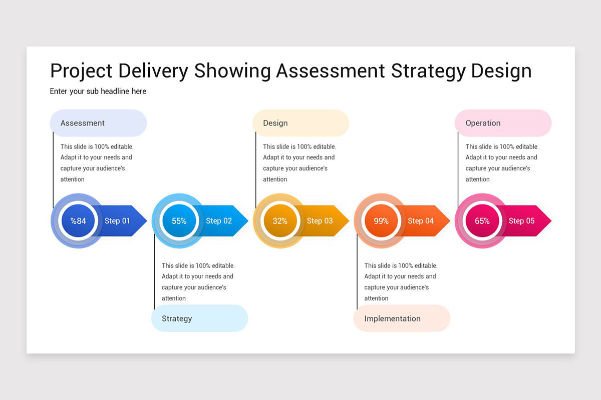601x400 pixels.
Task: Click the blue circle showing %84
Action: click(78, 221)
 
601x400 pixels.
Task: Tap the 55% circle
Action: click(179, 221)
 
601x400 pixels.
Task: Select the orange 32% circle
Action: click(280, 221)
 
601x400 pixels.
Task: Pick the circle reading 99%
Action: click(381, 221)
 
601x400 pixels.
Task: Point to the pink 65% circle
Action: click(482, 221)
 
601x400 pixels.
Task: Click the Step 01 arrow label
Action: click(117, 221)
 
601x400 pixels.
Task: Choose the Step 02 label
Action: click(219, 221)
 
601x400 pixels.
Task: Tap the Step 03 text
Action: click(320, 221)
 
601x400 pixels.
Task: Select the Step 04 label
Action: click(421, 221)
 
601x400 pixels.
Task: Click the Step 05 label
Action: click(522, 221)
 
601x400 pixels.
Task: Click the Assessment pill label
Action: click(83, 123)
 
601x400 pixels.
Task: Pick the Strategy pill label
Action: click(177, 318)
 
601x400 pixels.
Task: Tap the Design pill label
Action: click(275, 123)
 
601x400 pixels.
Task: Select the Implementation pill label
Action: click(392, 318)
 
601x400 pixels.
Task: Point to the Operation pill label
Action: click(483, 123)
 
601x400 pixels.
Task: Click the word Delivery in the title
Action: click(153, 71)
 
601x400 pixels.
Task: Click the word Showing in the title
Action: click(232, 71)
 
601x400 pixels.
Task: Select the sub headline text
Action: click(98, 91)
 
